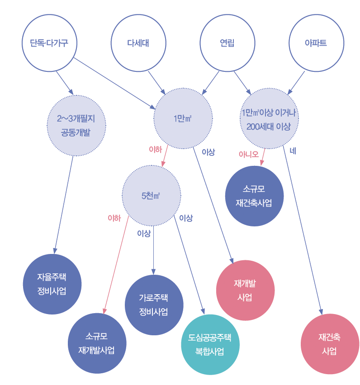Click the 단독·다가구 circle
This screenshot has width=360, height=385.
[50, 43]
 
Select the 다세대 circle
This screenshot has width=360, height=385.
[138, 43]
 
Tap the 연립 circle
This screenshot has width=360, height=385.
[227, 43]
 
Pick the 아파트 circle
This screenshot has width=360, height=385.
[316, 43]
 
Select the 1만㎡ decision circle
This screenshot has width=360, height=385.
[183, 119]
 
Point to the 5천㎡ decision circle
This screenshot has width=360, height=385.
[151, 196]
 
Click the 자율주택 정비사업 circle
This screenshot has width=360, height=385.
[52, 284]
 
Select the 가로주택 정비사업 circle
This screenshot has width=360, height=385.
[154, 305]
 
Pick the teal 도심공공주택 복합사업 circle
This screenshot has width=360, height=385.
[210, 344]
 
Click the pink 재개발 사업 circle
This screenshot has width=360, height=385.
[245, 290]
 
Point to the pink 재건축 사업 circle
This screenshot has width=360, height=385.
[330, 344]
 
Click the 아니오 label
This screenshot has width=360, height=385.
[248, 154]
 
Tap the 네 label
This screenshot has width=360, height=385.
[293, 151]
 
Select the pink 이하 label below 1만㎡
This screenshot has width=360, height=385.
[155, 149]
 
